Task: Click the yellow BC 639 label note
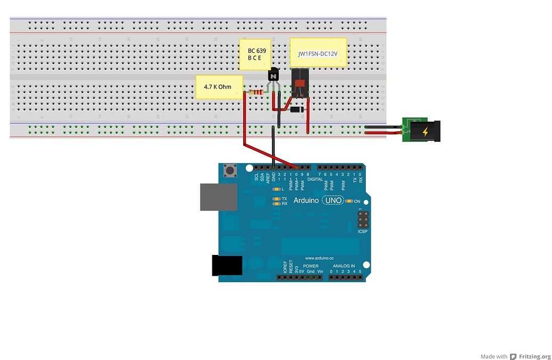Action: pyautogui.click(x=255, y=54)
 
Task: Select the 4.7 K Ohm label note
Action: pyautogui.click(x=220, y=87)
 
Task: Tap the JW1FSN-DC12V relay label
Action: pyautogui.click(x=318, y=52)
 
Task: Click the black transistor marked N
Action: pyautogui.click(x=274, y=77)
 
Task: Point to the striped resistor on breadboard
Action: pyautogui.click(x=257, y=93)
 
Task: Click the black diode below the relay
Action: pyautogui.click(x=298, y=109)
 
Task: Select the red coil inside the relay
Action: pyautogui.click(x=300, y=84)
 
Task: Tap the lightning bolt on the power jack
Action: pyautogui.click(x=426, y=132)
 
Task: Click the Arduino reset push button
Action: pyautogui.click(x=231, y=171)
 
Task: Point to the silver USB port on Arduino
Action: pyautogui.click(x=219, y=197)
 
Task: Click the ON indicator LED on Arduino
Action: pyautogui.click(x=349, y=201)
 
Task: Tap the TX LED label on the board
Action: pyautogui.click(x=284, y=198)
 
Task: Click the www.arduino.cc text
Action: pyautogui.click(x=319, y=258)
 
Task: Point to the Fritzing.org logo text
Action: pyautogui.click(x=534, y=356)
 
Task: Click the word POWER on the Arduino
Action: pyautogui.click(x=310, y=266)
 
